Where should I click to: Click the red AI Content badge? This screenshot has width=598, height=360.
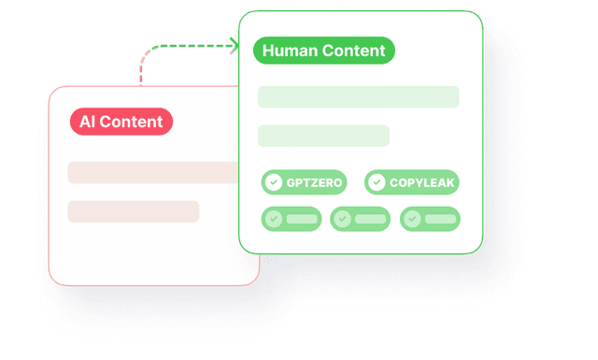pos(121,122)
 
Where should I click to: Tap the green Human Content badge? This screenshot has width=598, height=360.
pos(324,50)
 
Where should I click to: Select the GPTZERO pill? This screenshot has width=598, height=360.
pos(304,182)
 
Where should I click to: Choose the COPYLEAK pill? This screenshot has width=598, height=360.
pos(411,182)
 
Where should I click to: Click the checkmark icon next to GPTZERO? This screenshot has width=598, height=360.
pos(274,182)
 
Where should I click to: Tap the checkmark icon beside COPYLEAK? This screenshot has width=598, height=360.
pos(377,182)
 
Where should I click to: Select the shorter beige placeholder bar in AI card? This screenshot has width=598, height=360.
pos(133,211)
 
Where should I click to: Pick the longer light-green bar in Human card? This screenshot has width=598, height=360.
pos(358,97)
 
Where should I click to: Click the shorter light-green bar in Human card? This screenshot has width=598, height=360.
pos(323,136)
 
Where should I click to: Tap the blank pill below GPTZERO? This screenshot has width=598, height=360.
pos(291,219)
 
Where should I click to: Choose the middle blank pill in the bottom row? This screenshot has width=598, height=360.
pos(360,219)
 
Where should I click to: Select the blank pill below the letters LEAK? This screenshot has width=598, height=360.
pos(430,219)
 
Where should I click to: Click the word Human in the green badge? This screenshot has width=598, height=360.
pos(289,50)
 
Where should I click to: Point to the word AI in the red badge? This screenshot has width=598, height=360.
pos(87,122)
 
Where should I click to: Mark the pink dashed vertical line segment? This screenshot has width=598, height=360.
pos(141,71)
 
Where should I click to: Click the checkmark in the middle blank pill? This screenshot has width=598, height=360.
pos(343,219)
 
